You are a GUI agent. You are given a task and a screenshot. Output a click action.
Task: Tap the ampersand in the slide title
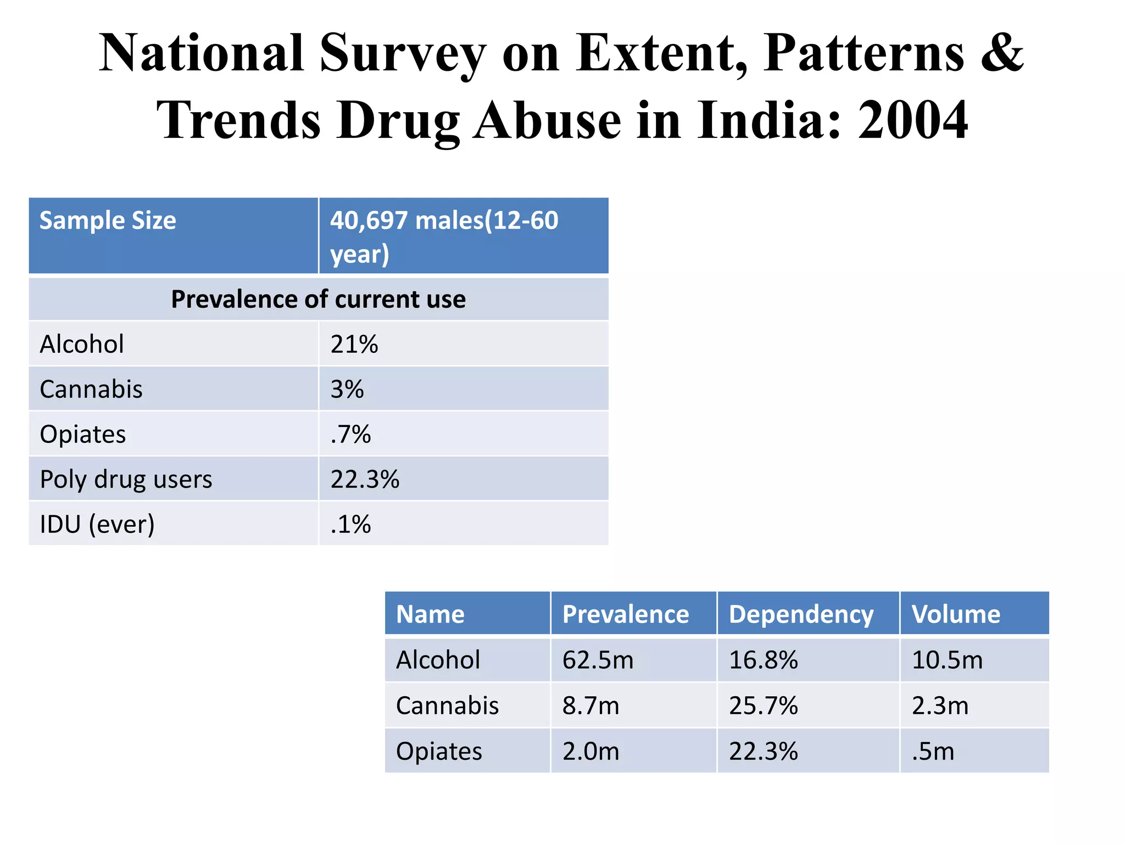[x=1002, y=53]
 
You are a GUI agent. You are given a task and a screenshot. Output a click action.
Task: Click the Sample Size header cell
[x=108, y=221]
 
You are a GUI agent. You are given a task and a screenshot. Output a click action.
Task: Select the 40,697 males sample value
[x=444, y=236]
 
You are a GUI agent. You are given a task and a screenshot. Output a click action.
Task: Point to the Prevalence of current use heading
[x=318, y=299]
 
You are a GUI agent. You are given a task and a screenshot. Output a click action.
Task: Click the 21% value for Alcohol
[x=354, y=345]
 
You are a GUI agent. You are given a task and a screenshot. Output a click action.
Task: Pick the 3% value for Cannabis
[x=347, y=390]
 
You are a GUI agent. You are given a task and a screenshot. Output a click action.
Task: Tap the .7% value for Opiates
[x=350, y=435]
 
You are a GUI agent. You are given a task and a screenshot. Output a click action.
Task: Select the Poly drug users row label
[x=126, y=479]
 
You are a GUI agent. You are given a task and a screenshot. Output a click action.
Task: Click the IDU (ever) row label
[x=97, y=524]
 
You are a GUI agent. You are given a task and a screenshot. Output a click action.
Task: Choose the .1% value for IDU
[x=350, y=524]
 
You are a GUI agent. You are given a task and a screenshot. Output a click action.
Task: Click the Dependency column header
[x=801, y=614]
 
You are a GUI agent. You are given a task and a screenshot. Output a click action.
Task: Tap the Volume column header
[x=956, y=614]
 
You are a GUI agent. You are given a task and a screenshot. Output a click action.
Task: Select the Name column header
[x=430, y=614]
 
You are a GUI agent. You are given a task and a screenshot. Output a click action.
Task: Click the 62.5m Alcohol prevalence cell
[x=598, y=660]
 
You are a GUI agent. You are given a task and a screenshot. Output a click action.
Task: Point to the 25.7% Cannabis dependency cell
[x=763, y=706]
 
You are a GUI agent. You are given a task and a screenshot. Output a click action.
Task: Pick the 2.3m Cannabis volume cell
[x=940, y=706]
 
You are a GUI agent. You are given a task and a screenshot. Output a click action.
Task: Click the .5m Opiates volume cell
[x=933, y=751]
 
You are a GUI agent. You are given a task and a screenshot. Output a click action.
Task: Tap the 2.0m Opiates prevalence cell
[x=591, y=751]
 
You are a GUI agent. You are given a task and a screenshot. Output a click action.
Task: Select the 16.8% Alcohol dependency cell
[x=763, y=660]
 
